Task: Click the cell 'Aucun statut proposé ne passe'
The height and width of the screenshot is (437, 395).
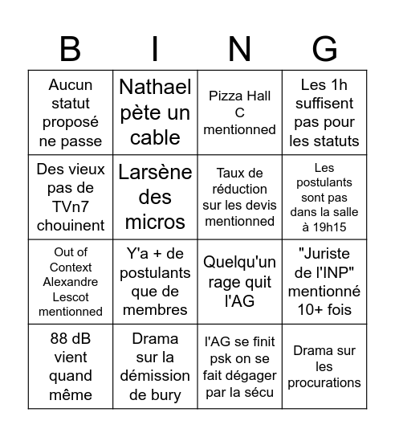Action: pyautogui.click(x=71, y=112)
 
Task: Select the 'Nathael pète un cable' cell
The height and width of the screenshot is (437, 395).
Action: pyautogui.click(x=155, y=112)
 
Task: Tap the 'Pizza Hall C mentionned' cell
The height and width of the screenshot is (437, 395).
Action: pyautogui.click(x=240, y=112)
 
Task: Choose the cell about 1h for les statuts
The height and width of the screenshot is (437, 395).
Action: pyautogui.click(x=324, y=112)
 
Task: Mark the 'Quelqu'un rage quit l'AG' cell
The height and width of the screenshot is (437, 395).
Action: pyautogui.click(x=240, y=282)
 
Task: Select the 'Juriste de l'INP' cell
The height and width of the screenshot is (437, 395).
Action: pyautogui.click(x=324, y=282)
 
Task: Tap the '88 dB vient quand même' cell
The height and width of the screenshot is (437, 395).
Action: pyautogui.click(x=71, y=366)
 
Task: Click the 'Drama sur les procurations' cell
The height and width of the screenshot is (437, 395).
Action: pyautogui.click(x=324, y=366)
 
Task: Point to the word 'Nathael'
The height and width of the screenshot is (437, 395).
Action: pyautogui.click(x=155, y=87)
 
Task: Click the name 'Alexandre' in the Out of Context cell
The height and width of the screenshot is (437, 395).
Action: pyautogui.click(x=71, y=282)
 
